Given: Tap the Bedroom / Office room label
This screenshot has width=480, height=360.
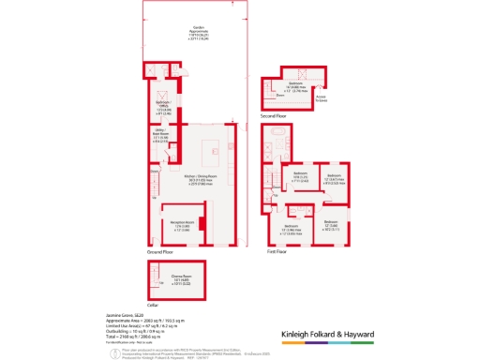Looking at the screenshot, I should [x=162, y=106].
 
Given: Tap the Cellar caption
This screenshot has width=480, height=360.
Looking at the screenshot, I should [x=151, y=303].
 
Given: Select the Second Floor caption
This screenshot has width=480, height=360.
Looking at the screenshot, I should [x=273, y=114].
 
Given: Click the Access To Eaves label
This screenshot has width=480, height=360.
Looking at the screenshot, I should [x=321, y=97].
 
